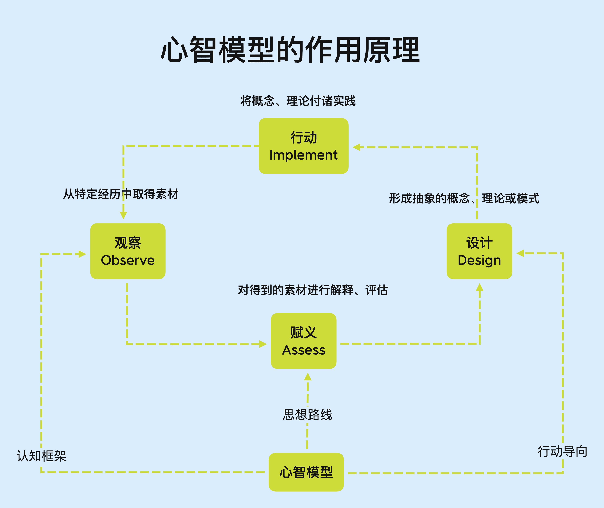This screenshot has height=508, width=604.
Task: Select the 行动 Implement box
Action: coord(303,146)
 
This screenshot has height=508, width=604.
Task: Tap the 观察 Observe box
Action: coord(128,251)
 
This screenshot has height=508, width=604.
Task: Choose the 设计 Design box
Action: coord(479,251)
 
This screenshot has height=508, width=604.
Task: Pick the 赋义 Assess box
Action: coord(303,341)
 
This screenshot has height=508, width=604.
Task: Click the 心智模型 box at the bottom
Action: coord(306,472)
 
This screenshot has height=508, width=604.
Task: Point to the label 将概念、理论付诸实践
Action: coord(298,101)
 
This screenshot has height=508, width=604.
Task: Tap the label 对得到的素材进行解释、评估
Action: coord(313,290)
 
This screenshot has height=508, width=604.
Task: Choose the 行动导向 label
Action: coord(562,451)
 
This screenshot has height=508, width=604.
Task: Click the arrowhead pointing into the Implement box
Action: coord(356,147)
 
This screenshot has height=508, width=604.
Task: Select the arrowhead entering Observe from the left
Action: coord(82,254)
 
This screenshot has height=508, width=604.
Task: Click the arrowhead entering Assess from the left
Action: coord(263,344)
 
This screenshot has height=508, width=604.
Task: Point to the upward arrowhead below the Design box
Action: coord(480,287)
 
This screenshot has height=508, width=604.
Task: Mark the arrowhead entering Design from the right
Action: coord(520,253)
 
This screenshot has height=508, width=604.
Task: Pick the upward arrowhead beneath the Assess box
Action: coord(308,377)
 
